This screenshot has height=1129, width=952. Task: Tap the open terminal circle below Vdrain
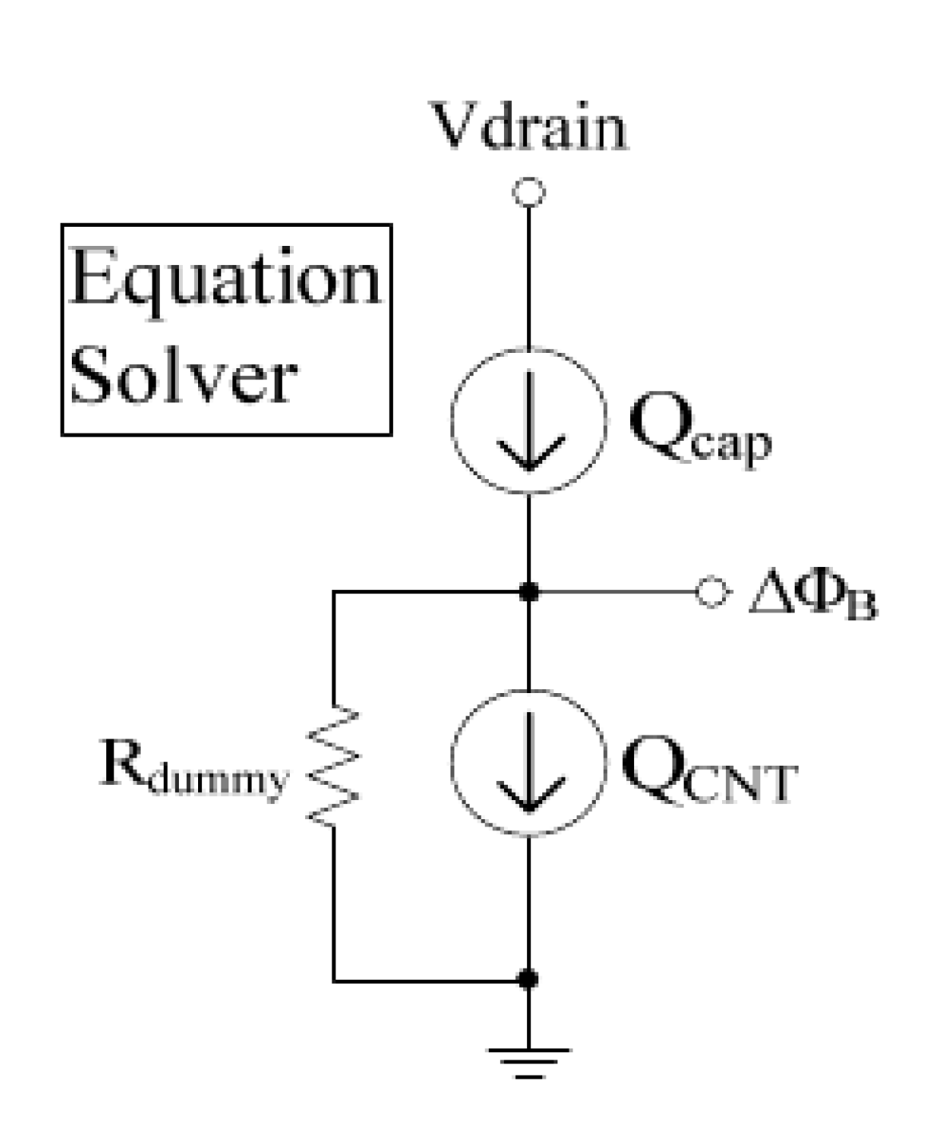(529, 192)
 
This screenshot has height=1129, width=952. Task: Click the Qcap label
(700, 431)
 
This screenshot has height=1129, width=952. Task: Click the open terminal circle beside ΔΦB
(711, 592)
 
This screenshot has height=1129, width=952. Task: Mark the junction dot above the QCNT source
(529, 592)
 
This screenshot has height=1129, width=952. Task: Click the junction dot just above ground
(529, 979)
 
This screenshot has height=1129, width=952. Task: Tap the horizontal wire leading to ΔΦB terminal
(615, 592)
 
